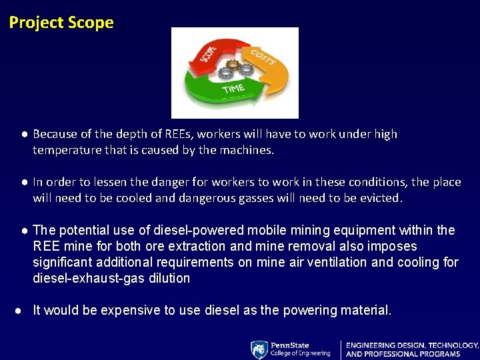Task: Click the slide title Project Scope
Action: (61, 23)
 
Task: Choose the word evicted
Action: (380, 198)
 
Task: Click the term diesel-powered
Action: (197, 230)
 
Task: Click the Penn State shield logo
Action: (259, 349)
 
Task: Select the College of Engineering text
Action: (300, 353)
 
